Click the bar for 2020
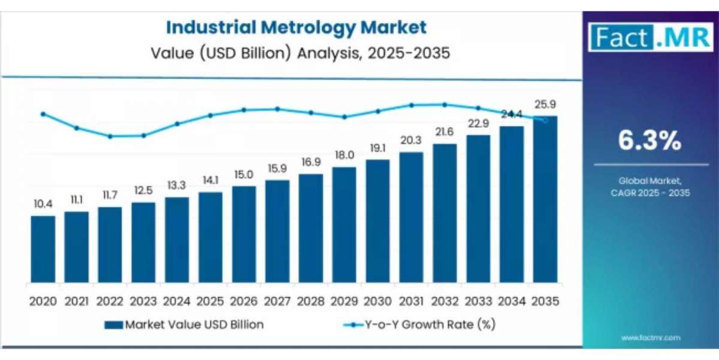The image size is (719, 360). pyautogui.click(x=43, y=249)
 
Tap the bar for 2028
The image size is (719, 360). pyautogui.click(x=310, y=229)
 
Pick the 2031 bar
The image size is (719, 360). pyautogui.click(x=411, y=217)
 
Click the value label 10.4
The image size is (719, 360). pyautogui.click(x=43, y=205)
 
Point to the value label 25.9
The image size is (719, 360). pyautogui.click(x=545, y=104)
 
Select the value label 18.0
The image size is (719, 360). pyautogui.click(x=344, y=155)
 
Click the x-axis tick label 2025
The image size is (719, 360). pyautogui.click(x=210, y=301)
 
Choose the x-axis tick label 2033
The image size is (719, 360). pyautogui.click(x=478, y=301)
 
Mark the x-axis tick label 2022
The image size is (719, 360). pyautogui.click(x=110, y=301)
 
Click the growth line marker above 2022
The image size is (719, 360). pyautogui.click(x=110, y=136)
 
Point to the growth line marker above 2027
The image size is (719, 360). pyautogui.click(x=277, y=109)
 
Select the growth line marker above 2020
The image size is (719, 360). pyautogui.click(x=43, y=113)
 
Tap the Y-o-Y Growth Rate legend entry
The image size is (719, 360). pyautogui.click(x=419, y=325)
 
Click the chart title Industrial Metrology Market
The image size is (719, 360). pyautogui.click(x=296, y=28)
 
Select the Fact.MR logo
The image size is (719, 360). pyautogui.click(x=651, y=37)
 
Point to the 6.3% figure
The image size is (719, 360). pyautogui.click(x=650, y=141)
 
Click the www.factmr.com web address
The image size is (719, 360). pyautogui.click(x=651, y=338)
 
